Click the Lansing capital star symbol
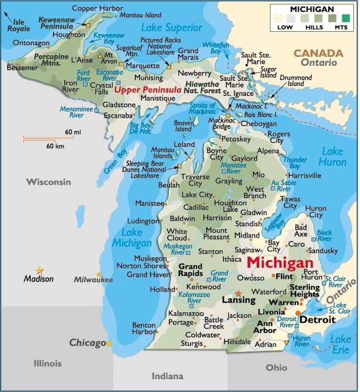click(x=239, y=293)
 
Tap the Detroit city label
click(x=318, y=320)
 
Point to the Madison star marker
click(x=39, y=270)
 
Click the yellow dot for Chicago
click(x=109, y=343)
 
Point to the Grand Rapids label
click(x=190, y=270)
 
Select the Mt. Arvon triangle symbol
click(x=100, y=56)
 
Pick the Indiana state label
click(x=168, y=376)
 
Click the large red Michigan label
click(x=280, y=262)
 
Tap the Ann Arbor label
click(x=266, y=327)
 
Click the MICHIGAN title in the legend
click(x=313, y=9)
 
